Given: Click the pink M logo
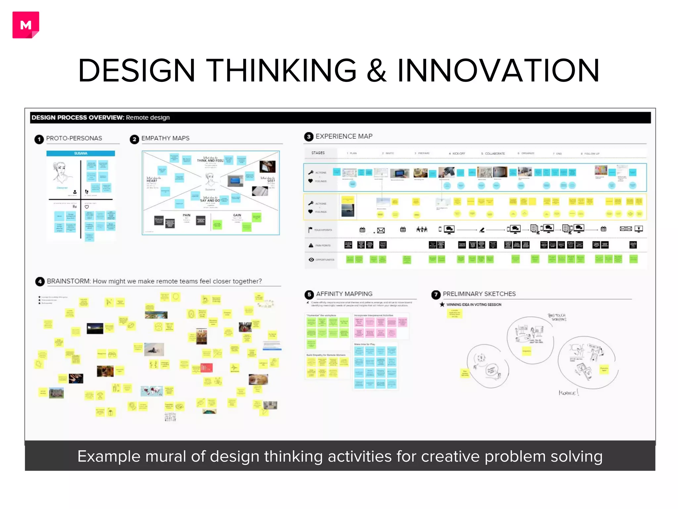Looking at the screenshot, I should point(26,25).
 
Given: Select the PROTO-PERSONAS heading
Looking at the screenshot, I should point(74,138).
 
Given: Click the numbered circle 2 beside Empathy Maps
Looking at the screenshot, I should point(134,139).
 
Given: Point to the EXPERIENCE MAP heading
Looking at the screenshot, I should point(344,136).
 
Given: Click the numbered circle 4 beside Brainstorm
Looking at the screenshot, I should point(40,282).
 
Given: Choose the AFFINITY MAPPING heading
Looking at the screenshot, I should point(344,294).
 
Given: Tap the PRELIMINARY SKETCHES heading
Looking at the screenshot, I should point(479,294).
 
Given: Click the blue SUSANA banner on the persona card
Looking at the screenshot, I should point(81,153).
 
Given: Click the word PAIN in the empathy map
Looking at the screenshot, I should point(187,215).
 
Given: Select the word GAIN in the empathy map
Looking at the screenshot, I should point(237,215).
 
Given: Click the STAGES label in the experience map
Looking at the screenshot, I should point(318,153).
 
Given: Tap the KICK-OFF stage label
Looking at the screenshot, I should point(459,153).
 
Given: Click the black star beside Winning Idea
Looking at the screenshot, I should point(442,305).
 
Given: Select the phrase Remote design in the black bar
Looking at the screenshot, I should point(148,118).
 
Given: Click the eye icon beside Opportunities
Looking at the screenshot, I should point(311,260).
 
